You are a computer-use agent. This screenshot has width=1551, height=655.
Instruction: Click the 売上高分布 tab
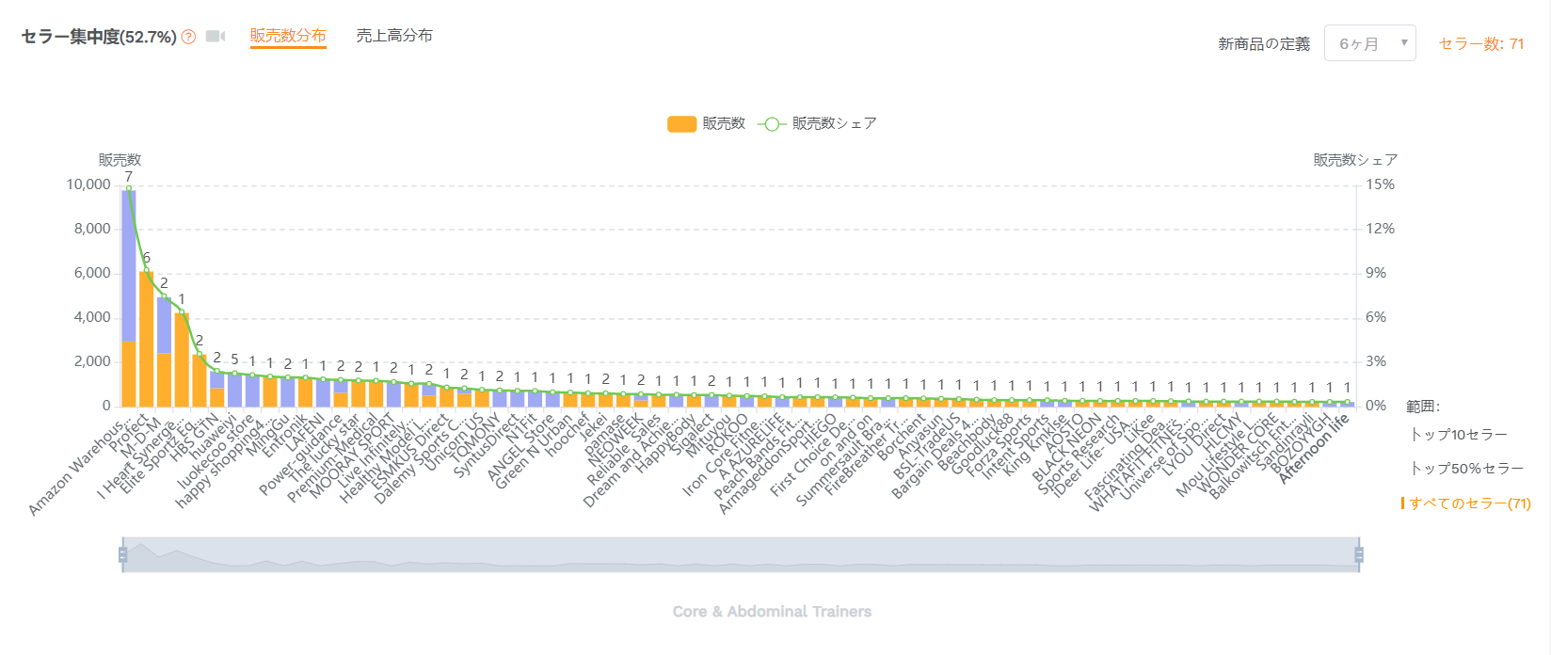394,36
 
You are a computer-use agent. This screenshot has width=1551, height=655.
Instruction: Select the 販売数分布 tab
288,36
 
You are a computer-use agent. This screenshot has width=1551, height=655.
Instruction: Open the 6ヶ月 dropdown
1369,43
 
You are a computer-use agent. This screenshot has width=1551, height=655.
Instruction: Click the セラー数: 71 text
1481,43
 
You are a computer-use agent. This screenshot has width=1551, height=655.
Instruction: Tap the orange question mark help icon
189,37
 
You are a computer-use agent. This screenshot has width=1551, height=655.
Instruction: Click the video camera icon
216,37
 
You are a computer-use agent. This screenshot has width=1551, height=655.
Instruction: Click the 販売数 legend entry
706,123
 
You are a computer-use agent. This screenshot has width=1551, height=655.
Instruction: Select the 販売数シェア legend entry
818,123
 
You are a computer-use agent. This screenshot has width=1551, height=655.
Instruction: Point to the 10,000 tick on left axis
88,184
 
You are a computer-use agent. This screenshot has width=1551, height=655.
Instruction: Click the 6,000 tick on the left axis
92,273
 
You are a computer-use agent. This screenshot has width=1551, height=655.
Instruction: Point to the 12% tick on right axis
1380,229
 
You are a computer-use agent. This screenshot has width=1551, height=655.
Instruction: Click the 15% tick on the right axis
1380,184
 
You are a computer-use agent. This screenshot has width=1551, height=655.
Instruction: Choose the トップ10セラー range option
1459,434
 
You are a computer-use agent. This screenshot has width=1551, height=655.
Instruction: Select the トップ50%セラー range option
1466,468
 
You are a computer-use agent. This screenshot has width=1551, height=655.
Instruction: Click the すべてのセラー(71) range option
1469,503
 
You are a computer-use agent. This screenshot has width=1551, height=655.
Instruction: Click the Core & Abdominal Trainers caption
772,612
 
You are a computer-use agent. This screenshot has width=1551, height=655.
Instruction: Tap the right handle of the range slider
1358,555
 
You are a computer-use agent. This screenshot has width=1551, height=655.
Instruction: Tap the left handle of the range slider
123,555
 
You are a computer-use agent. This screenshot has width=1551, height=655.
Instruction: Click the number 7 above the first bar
129,176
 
